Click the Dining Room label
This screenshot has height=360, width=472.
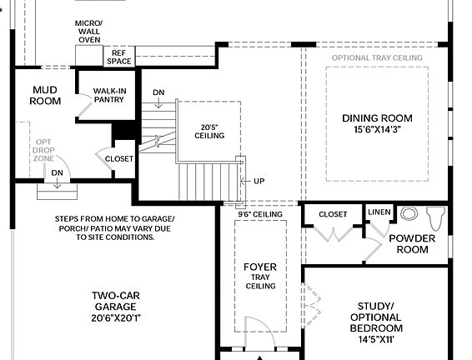pos(377,123)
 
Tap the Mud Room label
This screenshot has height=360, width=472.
pos(46,95)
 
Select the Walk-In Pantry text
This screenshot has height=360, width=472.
pos(108,95)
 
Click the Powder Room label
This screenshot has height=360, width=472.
pos(412,243)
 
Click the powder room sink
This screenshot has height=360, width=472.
pos(409,213)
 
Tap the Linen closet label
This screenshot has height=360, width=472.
pos(379,213)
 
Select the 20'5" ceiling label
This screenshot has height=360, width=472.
pos(209,131)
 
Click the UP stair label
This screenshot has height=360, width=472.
pos(259,181)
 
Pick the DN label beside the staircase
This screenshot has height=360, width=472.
pos(158,92)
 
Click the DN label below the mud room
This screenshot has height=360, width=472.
pos(57,172)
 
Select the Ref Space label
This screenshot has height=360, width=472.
pos(118,57)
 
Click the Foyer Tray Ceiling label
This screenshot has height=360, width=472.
pos(259,276)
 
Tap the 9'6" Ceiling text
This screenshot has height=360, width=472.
pos(260,214)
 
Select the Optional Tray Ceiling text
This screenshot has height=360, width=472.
pos(377,57)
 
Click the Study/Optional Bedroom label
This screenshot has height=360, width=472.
pos(379,317)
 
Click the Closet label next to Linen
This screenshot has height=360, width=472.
pos(333,214)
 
